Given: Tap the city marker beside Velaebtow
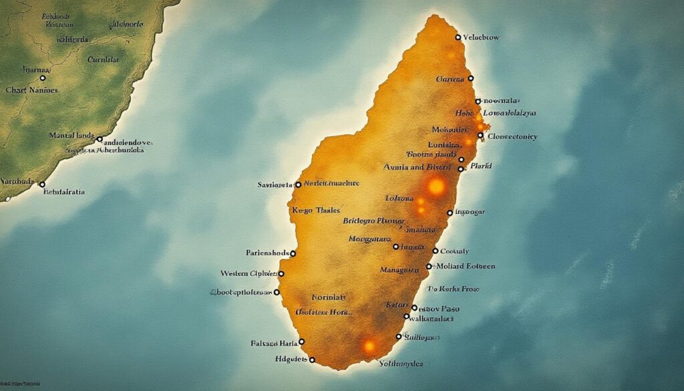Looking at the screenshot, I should (x=458, y=37).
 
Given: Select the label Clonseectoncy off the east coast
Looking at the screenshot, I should (x=512, y=136).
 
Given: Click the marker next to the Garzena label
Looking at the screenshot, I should (x=470, y=79).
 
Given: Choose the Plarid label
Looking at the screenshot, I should (x=481, y=164).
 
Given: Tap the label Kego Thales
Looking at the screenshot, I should (x=317, y=210).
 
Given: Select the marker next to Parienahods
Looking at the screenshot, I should (x=293, y=254).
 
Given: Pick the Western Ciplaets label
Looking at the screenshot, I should (x=247, y=273).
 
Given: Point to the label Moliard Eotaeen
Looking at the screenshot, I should (x=465, y=266).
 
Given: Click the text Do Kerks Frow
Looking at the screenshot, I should (x=454, y=289).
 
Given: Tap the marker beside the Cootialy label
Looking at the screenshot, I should (x=436, y=251).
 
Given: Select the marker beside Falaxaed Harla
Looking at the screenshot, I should (x=301, y=342).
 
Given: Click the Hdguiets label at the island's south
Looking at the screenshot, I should (x=291, y=359).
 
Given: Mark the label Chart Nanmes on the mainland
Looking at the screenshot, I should (x=31, y=90).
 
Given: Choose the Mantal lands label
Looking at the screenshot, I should (x=73, y=136).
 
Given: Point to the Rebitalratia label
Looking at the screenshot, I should (x=64, y=191).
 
